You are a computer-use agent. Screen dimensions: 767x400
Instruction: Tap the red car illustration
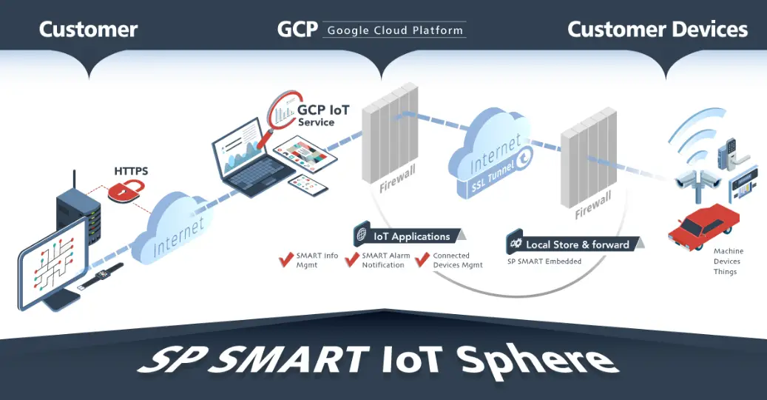pyautogui.click(x=703, y=227)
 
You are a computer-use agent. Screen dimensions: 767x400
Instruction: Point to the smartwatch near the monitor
pyautogui.click(x=101, y=276)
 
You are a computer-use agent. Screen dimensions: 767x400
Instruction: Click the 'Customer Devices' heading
pyautogui.click(x=658, y=30)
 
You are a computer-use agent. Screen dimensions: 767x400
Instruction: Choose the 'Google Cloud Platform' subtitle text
pyautogui.click(x=395, y=30)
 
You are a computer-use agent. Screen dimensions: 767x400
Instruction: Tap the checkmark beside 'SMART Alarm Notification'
pyautogui.click(x=352, y=259)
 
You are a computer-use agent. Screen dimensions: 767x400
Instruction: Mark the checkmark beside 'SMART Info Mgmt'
pyautogui.click(x=286, y=259)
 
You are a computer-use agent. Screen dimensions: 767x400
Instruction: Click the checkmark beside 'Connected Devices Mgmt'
pyautogui.click(x=422, y=259)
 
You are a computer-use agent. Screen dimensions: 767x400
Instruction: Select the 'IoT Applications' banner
pyautogui.click(x=409, y=236)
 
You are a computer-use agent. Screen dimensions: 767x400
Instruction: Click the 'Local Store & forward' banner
pyautogui.click(x=575, y=243)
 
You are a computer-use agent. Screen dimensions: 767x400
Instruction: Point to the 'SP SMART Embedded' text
pyautogui.click(x=544, y=261)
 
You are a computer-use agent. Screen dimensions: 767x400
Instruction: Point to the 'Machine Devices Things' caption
pyautogui.click(x=727, y=261)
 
